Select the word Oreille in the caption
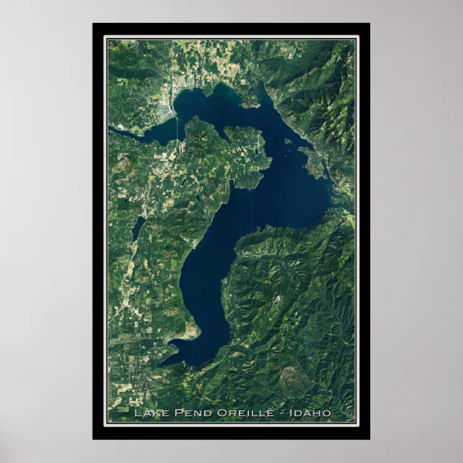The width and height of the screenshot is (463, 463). (231, 413)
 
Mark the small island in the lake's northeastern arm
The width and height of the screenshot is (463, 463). (288, 140)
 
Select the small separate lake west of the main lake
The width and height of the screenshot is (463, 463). (137, 229)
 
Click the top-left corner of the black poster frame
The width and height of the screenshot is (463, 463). (93, 24)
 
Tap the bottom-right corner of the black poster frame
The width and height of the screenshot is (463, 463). (370, 439)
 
